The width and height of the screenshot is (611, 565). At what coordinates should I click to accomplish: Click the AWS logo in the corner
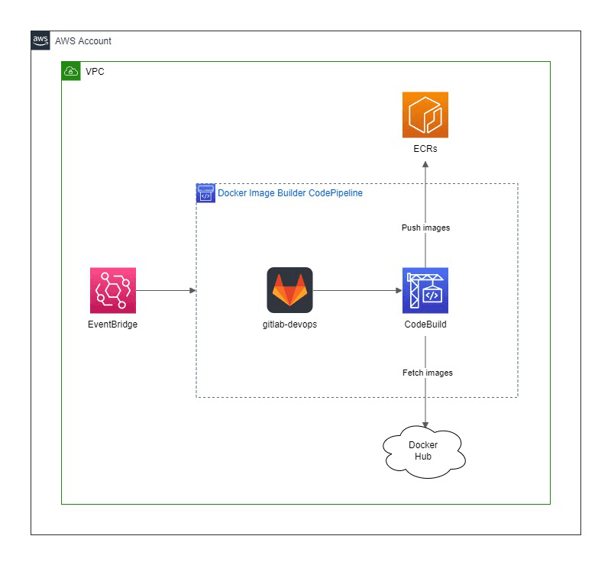click(40, 40)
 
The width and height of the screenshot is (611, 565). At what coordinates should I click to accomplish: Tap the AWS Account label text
click(83, 40)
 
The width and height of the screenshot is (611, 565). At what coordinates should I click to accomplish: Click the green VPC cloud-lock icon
click(71, 72)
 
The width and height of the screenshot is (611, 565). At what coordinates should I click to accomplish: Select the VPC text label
click(95, 72)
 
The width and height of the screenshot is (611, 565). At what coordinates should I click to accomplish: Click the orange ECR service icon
click(425, 115)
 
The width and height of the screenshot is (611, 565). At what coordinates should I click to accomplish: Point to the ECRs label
click(425, 149)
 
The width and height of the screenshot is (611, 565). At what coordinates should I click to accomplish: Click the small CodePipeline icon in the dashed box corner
click(205, 192)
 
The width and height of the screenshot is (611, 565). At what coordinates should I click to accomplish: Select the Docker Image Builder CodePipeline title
click(290, 193)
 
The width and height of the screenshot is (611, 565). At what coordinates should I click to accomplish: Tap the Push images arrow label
click(425, 228)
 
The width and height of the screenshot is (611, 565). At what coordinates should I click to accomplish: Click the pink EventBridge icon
click(112, 290)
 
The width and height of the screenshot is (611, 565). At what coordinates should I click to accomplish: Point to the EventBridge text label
click(112, 324)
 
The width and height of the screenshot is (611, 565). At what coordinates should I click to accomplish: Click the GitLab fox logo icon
click(289, 290)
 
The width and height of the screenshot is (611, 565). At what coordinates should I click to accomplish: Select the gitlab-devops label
click(289, 324)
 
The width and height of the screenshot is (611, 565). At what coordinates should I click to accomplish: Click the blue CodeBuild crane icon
click(425, 290)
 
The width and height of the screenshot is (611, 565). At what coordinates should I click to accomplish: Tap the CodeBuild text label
click(425, 324)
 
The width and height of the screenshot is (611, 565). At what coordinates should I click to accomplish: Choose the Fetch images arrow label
click(427, 373)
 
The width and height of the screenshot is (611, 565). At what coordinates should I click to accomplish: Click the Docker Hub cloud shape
click(425, 450)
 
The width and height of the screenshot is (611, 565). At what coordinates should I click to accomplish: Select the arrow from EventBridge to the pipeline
click(165, 290)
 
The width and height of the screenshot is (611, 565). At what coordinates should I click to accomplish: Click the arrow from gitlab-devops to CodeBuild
click(357, 290)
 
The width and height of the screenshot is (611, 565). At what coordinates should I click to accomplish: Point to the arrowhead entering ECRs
click(425, 165)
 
